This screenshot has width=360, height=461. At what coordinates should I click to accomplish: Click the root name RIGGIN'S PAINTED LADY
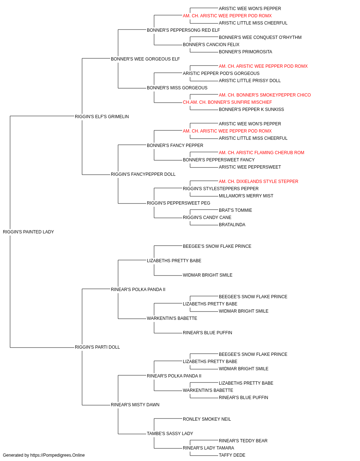(x=28, y=232)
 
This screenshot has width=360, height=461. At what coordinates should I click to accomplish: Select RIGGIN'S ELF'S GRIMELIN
(x=102, y=117)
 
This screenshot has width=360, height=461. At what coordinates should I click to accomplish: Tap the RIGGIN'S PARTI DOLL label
(x=97, y=347)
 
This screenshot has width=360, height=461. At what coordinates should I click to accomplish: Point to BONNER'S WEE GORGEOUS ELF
(x=145, y=59)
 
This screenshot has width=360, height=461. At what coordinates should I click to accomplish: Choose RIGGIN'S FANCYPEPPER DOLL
(x=143, y=174)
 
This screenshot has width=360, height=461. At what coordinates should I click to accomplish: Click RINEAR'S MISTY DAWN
(x=135, y=405)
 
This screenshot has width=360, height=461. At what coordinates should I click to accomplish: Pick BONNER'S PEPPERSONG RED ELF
(x=183, y=30)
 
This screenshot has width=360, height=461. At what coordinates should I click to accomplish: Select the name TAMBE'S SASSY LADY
(x=170, y=434)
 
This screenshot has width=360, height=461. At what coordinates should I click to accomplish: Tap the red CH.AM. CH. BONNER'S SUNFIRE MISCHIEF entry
(x=227, y=102)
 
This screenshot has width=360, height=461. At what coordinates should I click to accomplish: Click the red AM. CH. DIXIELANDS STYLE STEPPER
(x=258, y=182)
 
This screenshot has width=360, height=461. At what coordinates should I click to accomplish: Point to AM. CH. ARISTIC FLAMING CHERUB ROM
(x=261, y=153)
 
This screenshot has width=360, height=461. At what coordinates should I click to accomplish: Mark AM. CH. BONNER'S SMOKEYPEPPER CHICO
(x=265, y=95)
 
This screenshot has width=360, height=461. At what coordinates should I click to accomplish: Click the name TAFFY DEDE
(x=232, y=455)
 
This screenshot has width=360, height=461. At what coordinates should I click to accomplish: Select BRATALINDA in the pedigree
(x=232, y=225)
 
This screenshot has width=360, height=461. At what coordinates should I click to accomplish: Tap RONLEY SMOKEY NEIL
(x=207, y=419)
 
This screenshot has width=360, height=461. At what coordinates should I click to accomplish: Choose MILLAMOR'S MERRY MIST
(x=246, y=196)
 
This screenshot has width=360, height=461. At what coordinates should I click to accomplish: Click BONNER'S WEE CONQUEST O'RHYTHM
(x=260, y=37)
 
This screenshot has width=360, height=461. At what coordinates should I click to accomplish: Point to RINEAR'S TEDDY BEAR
(x=243, y=440)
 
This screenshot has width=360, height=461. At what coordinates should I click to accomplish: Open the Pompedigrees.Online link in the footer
(x=57, y=455)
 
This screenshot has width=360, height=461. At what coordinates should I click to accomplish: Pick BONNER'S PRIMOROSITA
(x=245, y=52)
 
